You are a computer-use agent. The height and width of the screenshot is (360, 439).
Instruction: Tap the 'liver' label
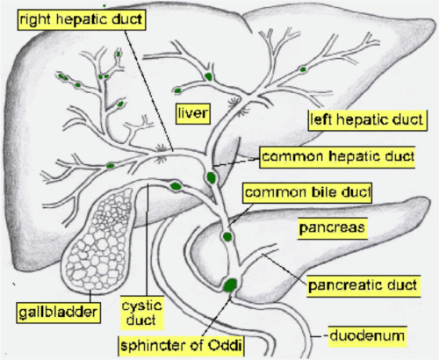[192, 114]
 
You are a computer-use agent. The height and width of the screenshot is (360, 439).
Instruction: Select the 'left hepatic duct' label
[365, 117]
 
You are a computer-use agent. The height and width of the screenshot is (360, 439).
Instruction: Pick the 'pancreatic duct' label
[359, 284]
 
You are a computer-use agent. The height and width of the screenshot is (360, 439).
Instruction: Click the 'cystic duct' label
[144, 310]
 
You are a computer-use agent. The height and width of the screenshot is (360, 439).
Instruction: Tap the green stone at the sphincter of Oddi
[230, 284]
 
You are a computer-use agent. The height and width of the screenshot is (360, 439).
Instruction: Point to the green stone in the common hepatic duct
[211, 178]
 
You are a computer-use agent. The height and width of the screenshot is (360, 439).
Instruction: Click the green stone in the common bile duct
[227, 235]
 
